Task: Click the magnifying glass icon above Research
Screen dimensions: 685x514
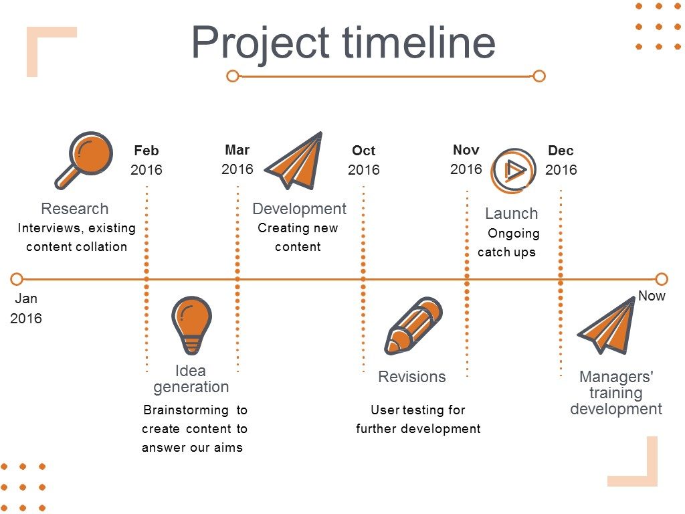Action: coord(84,160)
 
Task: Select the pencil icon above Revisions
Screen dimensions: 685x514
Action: coord(413,326)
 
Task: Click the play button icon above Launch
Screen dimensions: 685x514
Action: coord(513,171)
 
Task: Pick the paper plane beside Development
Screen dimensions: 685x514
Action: coord(294,160)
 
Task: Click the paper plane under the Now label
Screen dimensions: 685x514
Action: coord(606,325)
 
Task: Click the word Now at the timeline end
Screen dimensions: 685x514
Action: coord(652,296)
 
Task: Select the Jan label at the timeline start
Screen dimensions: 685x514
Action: coord(26,298)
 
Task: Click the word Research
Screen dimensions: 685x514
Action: coord(75,209)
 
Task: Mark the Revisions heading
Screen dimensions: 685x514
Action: coord(412,377)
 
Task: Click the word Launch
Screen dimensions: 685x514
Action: coord(512,213)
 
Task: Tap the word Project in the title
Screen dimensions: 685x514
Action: coord(260,43)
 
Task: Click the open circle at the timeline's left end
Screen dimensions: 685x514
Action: coord(17,279)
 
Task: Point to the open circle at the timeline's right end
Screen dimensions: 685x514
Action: coord(662,279)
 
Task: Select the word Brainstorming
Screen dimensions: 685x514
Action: coord(186,410)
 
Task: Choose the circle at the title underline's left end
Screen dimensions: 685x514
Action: coord(233,76)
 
